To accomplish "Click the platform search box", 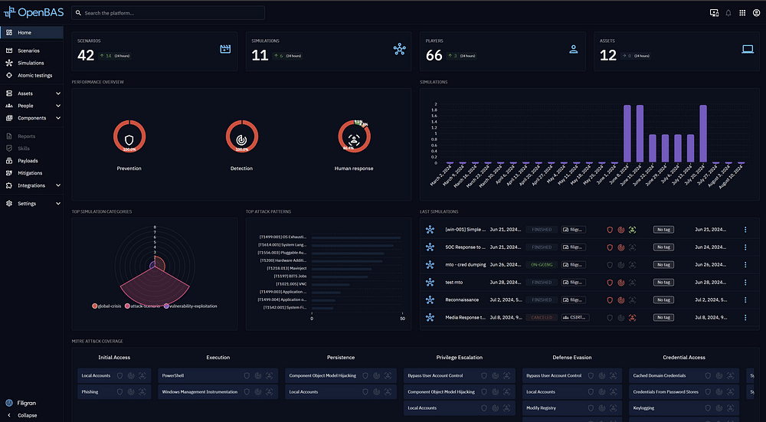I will coord(169,13).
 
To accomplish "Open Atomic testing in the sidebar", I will coord(34,75).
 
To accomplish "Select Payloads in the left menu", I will coord(28,161).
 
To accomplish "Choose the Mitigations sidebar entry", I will coord(30,173).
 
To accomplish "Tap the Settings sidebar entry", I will coord(27,204).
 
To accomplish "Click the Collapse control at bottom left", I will coord(27,415).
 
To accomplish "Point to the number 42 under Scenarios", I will coord(86,54).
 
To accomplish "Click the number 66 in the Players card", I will coord(434,54).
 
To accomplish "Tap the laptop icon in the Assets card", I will coord(748,49).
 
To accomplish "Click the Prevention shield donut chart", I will coord(129,139).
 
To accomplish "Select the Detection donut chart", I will coord(241,139).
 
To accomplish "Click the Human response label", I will coord(354,168).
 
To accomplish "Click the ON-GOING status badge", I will coord(542,265).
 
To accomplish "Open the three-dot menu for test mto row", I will coord(745,282).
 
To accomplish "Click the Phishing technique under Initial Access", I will coord(90,391).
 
